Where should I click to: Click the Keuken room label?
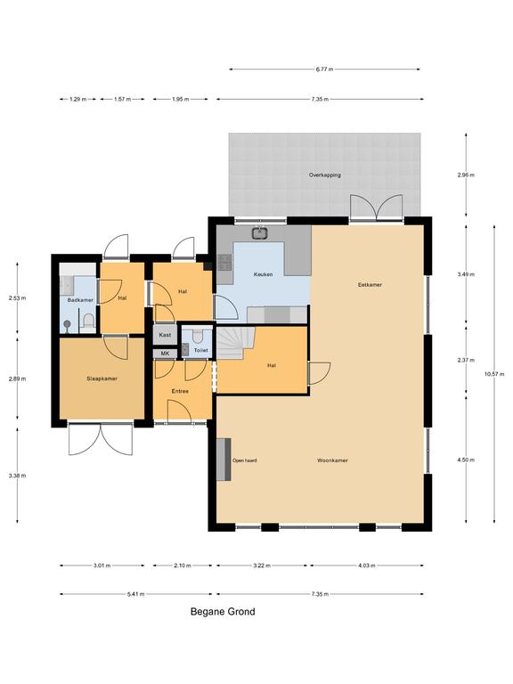263,274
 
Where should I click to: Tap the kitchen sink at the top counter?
260,233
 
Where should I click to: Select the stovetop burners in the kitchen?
224,262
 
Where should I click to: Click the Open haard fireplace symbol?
224,460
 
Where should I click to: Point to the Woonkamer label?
332,460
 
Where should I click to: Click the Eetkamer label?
370,285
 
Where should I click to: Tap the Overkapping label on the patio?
325,175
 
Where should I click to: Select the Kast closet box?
165,335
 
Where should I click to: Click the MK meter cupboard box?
165,354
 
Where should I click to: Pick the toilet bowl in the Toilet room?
198,336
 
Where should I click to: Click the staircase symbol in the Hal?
236,343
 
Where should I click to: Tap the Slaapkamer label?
102,379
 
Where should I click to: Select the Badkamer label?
80,300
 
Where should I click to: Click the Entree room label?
180,391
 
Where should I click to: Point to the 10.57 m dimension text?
494,374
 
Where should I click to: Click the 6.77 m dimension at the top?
324,69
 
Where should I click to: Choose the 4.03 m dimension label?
366,566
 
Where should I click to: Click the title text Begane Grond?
223,612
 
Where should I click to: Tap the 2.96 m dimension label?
466,175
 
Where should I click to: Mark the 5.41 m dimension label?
135,594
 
